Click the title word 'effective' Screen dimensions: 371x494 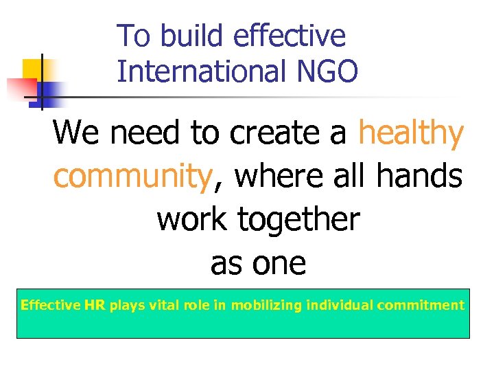coord(289,36)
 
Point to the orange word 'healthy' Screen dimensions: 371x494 coord(411,134)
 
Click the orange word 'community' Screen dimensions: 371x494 coord(132,177)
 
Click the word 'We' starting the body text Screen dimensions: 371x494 coord(78,134)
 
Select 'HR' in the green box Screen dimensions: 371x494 coord(95,305)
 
